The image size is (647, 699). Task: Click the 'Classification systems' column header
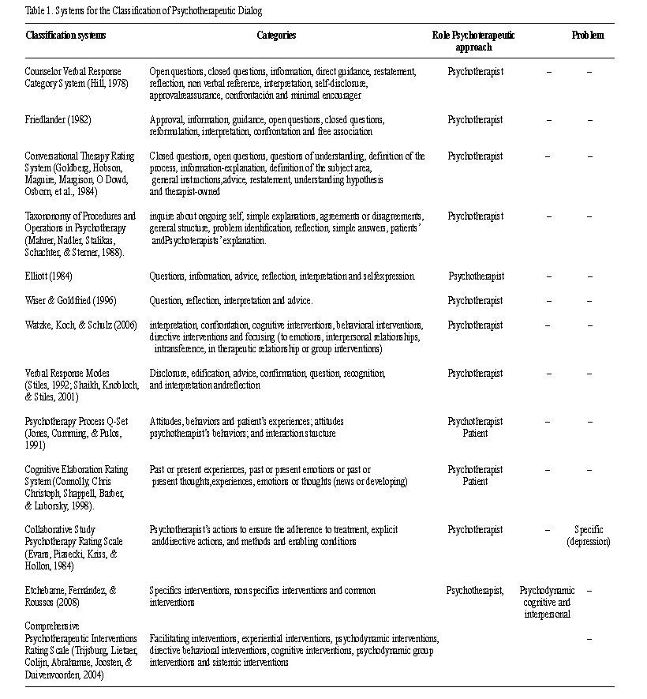click(x=65, y=36)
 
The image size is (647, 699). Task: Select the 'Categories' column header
click(x=276, y=36)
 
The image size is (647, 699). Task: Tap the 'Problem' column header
click(x=588, y=36)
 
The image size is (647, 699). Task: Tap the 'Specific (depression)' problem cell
click(x=589, y=536)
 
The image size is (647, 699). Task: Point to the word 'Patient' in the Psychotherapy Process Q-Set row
click(x=475, y=433)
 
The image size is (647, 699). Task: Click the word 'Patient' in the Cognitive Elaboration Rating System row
click(x=475, y=481)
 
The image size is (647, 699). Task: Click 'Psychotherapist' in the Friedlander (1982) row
click(x=475, y=120)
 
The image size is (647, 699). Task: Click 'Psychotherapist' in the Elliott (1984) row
click(x=476, y=276)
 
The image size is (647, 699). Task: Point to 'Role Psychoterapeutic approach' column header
click(x=473, y=41)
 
